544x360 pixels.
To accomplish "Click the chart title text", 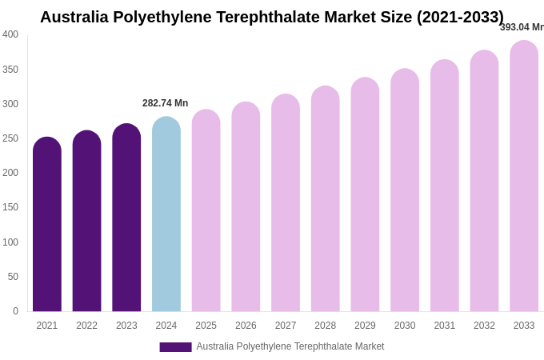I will [272, 17].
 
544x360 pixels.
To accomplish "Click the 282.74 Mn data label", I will [165, 103].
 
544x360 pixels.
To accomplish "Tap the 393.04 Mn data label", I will [522, 27].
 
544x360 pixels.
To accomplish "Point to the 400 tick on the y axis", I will [10, 34].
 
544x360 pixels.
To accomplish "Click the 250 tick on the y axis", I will [10, 138].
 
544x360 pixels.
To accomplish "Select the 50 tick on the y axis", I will [13, 277].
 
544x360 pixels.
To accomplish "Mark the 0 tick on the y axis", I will [15, 311].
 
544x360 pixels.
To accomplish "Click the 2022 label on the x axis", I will [86, 326].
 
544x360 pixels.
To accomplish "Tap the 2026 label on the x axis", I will [246, 326].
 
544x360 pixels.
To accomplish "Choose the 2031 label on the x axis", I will [444, 326].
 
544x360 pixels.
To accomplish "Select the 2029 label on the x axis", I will [365, 326].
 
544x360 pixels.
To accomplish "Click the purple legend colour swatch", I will [175, 347].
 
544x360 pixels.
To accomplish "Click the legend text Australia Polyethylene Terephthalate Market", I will [290, 346].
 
